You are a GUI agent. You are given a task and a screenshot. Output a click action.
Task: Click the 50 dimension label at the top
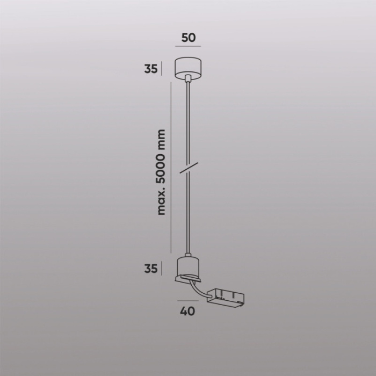(188, 38)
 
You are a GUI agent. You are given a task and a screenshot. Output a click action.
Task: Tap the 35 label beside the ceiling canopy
(150, 69)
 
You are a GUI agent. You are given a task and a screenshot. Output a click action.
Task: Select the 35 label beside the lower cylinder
(150, 268)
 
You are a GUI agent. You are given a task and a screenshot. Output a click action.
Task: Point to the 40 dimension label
(188, 311)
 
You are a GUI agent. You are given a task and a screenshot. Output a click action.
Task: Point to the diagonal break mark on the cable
(188, 167)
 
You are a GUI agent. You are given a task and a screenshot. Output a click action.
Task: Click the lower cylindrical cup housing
(187, 267)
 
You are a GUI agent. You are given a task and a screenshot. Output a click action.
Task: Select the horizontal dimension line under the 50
(188, 47)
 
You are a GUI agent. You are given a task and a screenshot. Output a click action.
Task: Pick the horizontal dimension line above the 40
(188, 302)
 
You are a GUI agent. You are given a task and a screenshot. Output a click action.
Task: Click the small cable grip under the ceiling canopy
(187, 79)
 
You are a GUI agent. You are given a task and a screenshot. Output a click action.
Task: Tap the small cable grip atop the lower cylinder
(187, 255)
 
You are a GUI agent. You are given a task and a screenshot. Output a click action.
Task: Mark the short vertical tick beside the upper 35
(162, 69)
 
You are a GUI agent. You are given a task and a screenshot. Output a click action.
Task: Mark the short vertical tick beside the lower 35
(162, 268)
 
